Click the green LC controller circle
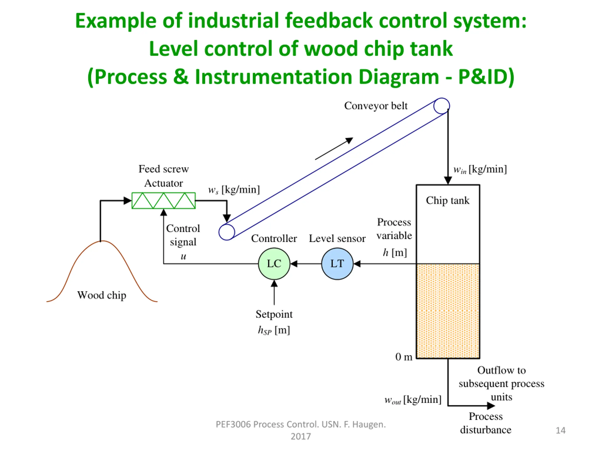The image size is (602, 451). coord(274,264)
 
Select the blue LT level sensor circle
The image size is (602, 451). coord(337,264)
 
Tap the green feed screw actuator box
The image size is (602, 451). coord(164,201)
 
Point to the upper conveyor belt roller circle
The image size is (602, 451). coord(441,106)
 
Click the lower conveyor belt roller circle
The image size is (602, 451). coord(227,232)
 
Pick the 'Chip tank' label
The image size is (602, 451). coord(448,201)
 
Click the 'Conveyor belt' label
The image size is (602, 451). coord(376,106)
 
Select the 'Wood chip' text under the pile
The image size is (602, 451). coord(102,295)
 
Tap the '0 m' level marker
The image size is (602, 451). coord(404,357)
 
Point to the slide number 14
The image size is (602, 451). coord(560,430)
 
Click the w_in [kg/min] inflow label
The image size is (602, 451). coord(480,169)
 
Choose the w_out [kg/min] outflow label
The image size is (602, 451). coord(413,400)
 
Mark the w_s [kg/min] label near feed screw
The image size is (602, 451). coord(234,190)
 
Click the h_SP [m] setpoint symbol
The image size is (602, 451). coord(274,330)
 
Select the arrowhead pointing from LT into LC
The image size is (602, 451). coord(294,264)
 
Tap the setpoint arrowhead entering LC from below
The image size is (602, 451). coord(274,284)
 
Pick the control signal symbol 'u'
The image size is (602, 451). coord(183,256)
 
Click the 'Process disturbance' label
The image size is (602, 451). coord(486,423)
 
